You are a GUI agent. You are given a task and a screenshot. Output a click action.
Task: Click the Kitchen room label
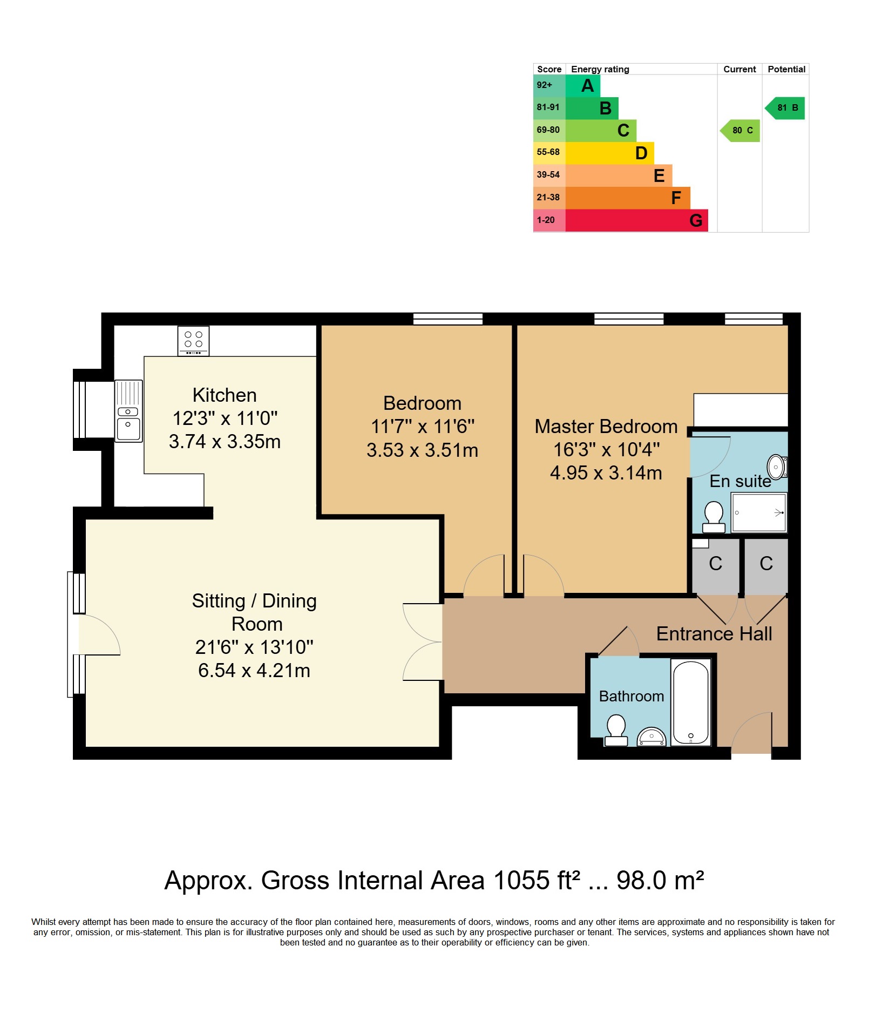click(x=225, y=395)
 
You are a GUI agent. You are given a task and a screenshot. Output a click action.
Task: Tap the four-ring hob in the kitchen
click(x=193, y=341)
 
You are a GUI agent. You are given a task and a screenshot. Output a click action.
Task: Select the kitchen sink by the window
click(x=128, y=411)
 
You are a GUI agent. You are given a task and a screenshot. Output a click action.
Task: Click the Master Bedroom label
click(x=606, y=427)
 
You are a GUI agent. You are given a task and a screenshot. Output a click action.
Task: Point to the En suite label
click(x=740, y=481)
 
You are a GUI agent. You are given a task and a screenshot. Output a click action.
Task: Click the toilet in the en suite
click(x=714, y=517)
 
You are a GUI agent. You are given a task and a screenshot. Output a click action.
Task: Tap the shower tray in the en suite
click(x=759, y=512)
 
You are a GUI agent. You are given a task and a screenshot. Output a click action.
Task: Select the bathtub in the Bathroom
click(x=690, y=702)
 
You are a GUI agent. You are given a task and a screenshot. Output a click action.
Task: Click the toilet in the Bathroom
click(x=616, y=730)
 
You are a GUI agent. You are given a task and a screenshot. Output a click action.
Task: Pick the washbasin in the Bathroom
click(x=651, y=737)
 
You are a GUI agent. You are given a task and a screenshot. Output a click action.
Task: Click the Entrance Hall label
click(x=714, y=633)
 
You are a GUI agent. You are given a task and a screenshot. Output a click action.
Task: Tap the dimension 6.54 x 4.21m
click(x=254, y=671)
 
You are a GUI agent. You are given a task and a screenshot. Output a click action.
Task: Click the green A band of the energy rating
click(x=582, y=85)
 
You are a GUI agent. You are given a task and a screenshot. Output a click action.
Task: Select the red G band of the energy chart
click(x=636, y=220)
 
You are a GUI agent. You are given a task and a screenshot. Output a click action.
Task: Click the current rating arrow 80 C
click(x=740, y=131)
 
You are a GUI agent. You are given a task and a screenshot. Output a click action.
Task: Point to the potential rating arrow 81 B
click(x=785, y=108)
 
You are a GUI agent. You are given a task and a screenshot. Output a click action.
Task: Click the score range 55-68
click(x=548, y=152)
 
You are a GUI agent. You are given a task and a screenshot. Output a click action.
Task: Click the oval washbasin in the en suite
click(x=776, y=467)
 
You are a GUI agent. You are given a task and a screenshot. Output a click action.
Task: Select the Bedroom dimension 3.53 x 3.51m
click(x=422, y=450)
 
